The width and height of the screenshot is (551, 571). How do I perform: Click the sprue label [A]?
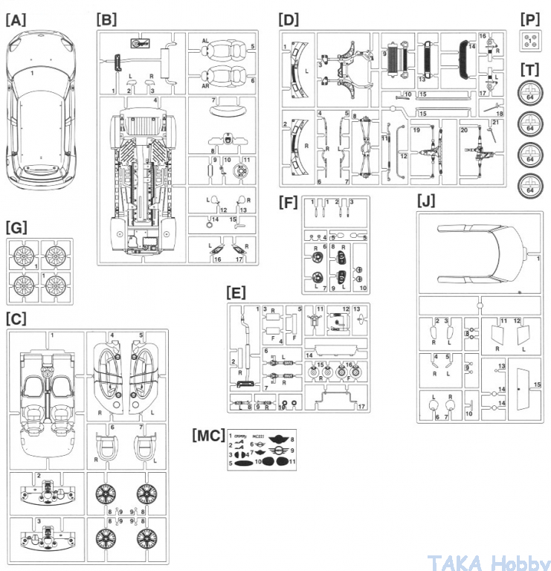click(x=16, y=21)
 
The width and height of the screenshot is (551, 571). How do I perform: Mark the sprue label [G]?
click(x=16, y=226)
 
